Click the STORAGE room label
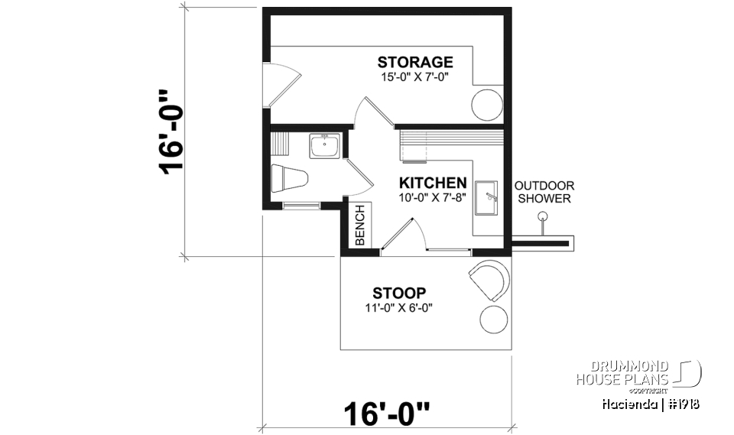(415, 62)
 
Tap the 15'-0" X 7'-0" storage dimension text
(415, 77)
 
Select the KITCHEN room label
(433, 183)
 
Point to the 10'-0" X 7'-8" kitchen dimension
(433, 197)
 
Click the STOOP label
(398, 293)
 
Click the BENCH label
(360, 225)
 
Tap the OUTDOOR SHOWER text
(544, 192)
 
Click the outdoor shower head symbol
(543, 218)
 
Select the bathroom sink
(325, 145)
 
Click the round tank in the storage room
(486, 105)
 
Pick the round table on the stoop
(492, 320)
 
